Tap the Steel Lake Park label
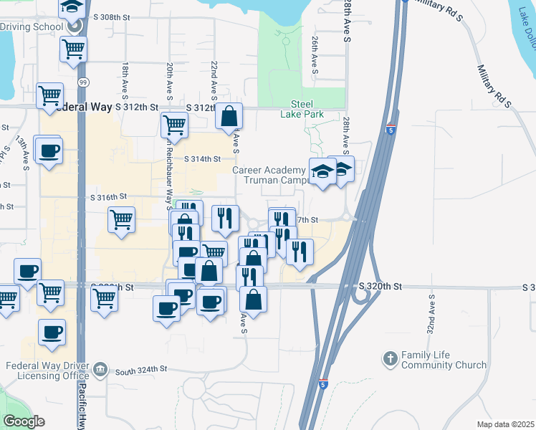click(x=307, y=109)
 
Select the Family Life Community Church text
click(x=444, y=360)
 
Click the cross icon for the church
click(x=390, y=358)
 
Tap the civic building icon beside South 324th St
click(x=100, y=370)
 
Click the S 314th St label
click(x=201, y=159)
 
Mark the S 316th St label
click(x=108, y=197)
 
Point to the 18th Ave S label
click(x=125, y=79)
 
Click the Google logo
click(x=24, y=421)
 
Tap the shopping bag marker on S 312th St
click(x=229, y=116)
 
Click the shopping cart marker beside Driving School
click(x=73, y=50)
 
